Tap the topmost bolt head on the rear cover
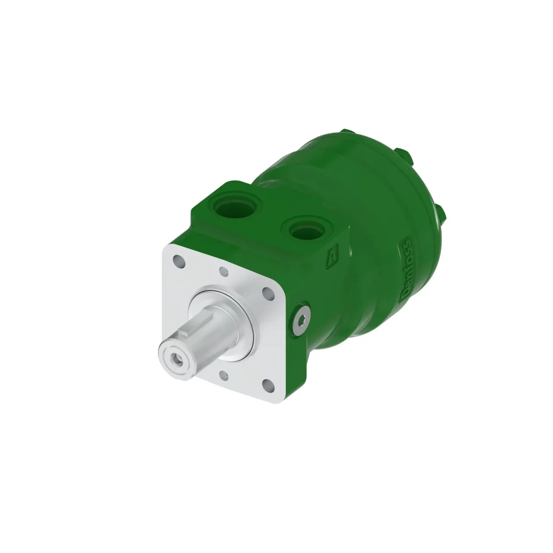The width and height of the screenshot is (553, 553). [345, 132]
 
